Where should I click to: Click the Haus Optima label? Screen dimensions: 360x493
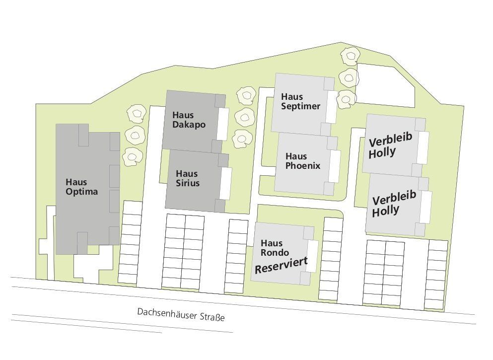82,187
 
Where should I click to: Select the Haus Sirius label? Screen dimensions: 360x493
188,178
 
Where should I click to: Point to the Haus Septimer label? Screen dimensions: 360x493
300,101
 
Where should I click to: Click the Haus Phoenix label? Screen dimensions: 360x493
303,161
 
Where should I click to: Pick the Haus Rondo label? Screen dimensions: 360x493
275,248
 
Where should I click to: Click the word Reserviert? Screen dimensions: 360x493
282,265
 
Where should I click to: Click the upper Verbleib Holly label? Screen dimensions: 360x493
391,145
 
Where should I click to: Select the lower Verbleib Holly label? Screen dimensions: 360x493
394,205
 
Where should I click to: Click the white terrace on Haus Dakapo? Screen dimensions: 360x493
223,123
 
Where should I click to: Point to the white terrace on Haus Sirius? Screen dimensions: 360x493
226,183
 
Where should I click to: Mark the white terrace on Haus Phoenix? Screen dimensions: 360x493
334,165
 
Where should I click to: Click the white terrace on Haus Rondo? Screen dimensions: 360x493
312,256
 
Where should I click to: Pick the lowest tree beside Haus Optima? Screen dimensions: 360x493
132,156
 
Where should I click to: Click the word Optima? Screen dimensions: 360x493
82,192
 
